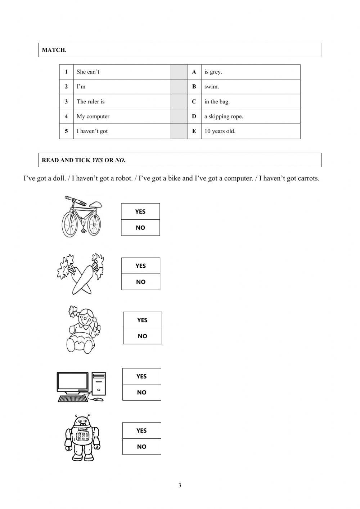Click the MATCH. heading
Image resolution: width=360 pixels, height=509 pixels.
tap(54, 50)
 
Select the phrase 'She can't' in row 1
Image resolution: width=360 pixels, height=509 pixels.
tap(88, 72)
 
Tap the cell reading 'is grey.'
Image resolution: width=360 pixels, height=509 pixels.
tap(213, 72)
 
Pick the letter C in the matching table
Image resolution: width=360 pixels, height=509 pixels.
tap(194, 102)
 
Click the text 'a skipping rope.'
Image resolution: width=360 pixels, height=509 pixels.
tap(224, 116)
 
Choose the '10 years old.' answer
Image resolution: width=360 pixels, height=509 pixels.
tap(220, 131)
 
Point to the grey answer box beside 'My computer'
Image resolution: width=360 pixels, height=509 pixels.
tap(179, 116)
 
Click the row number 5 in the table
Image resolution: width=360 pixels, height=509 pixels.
tap(66, 131)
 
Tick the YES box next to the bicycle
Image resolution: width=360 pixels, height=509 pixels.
tap(140, 211)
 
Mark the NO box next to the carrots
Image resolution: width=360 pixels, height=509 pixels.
tap(140, 282)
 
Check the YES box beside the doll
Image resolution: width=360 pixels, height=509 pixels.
tap(142, 320)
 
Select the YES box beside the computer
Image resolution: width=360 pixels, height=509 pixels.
tap(141, 376)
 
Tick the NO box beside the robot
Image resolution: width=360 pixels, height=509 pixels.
tap(141, 447)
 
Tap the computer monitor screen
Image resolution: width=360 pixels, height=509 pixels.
tap(73, 382)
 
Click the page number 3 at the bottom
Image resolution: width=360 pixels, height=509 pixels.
tap(180, 485)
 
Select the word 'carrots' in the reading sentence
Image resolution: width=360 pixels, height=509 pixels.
tap(308, 178)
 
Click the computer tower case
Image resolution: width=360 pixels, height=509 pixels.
tap(99, 387)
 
